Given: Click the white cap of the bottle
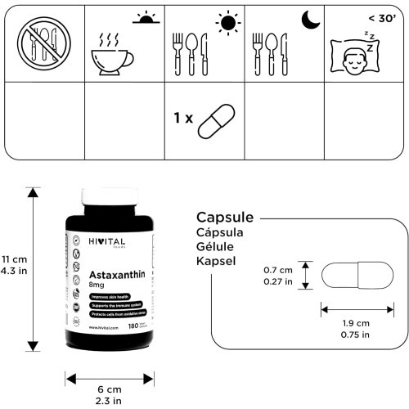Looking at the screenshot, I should pyautogui.click(x=110, y=198).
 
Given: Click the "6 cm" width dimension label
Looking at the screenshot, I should pyautogui.click(x=110, y=391).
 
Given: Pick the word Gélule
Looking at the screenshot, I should pyautogui.click(x=214, y=247).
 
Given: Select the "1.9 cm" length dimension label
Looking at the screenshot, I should pyautogui.click(x=357, y=323).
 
